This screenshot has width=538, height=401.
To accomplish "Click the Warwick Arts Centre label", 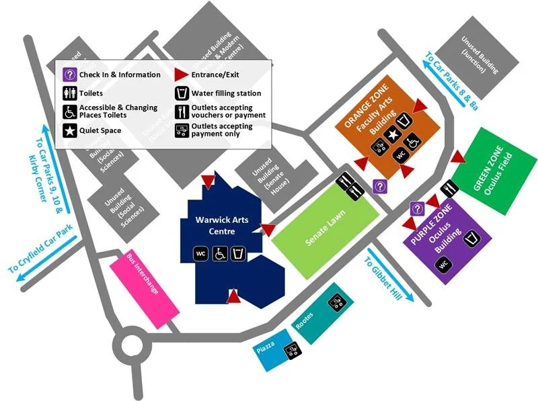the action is click(215, 226).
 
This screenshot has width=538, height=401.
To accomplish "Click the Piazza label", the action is click(265, 353).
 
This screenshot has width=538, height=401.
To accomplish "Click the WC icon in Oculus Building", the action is click(443, 265).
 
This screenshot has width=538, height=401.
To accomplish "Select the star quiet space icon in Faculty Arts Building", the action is click(394, 136).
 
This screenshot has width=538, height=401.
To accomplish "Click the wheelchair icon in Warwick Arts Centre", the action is click(220, 254).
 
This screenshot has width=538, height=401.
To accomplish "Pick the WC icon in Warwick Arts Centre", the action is click(200, 254).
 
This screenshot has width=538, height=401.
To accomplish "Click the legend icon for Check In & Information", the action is click(70, 75).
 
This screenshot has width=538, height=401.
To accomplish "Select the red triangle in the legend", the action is click(181, 75).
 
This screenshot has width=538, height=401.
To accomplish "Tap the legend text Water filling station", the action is click(226, 93).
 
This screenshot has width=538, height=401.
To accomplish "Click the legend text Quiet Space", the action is click(100, 130).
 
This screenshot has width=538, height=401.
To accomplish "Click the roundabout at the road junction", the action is click(132, 347).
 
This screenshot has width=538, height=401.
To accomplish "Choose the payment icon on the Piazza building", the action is click(292, 349).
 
